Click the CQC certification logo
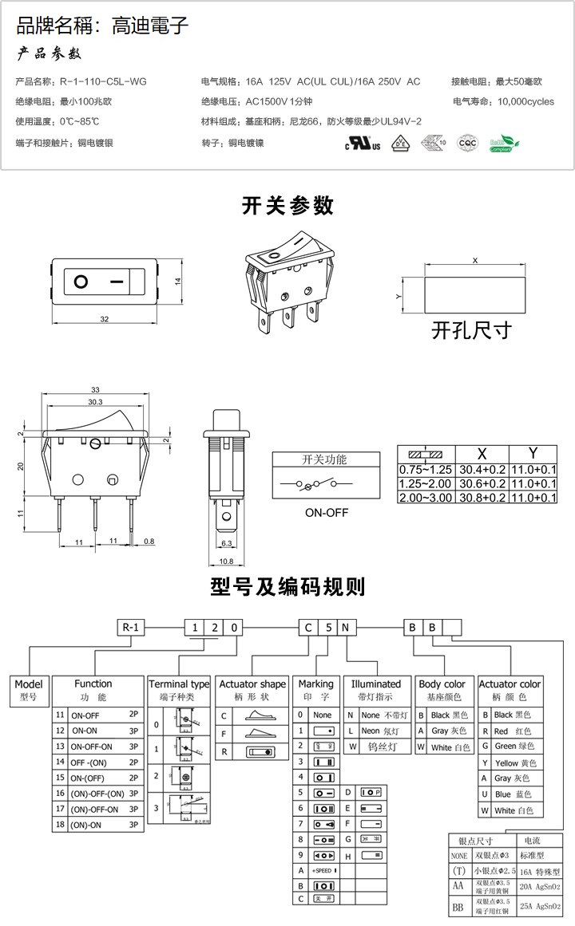click(x=466, y=143)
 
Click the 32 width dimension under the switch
click(x=104, y=319)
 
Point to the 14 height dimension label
click(x=179, y=281)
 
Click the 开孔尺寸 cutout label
click(x=470, y=329)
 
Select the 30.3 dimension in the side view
click(x=96, y=402)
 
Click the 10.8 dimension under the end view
click(x=227, y=561)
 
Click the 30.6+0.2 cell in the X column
click(x=481, y=483)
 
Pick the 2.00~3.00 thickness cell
click(x=426, y=498)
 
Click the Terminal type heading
click(x=179, y=684)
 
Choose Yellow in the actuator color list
click(x=511, y=763)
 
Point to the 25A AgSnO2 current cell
click(x=541, y=906)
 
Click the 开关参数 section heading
click(x=287, y=206)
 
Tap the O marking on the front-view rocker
click(x=81, y=282)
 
